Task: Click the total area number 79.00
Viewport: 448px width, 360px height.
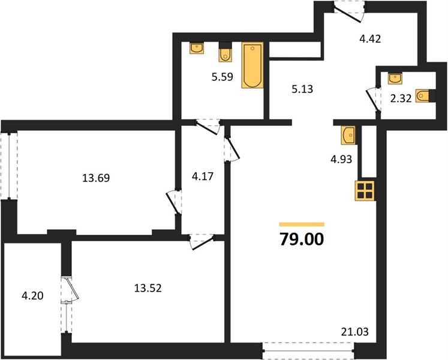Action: click(x=302, y=239)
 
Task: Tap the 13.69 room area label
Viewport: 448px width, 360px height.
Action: click(x=96, y=178)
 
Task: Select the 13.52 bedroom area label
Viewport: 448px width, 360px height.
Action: click(x=148, y=288)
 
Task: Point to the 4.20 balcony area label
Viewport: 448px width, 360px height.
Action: click(x=32, y=295)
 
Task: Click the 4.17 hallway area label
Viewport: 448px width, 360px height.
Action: click(x=203, y=176)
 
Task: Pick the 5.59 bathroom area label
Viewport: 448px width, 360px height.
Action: click(x=223, y=77)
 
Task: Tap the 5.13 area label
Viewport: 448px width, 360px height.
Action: click(x=302, y=89)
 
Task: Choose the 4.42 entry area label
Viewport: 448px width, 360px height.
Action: click(x=370, y=38)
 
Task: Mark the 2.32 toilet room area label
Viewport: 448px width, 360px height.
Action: click(x=401, y=98)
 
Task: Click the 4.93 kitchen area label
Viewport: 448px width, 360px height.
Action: click(x=341, y=159)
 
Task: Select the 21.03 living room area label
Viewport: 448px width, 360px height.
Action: click(x=355, y=332)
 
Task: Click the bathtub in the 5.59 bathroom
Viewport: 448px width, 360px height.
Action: click(x=252, y=65)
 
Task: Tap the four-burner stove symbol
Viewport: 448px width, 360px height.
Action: click(x=365, y=191)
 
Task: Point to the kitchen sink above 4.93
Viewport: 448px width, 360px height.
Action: click(x=348, y=135)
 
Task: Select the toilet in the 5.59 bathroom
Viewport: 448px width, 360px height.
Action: click(x=225, y=52)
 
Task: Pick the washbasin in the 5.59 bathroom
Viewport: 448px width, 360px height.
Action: click(x=197, y=48)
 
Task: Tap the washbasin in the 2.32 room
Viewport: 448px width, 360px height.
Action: click(x=395, y=79)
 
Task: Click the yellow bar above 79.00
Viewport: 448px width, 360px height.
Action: click(x=302, y=224)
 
